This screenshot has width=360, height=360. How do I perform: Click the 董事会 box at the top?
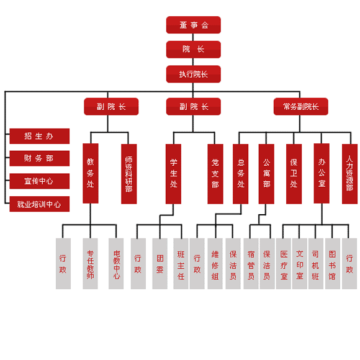point(193,25)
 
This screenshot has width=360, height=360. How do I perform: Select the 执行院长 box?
point(193,74)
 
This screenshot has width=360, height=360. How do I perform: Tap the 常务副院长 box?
point(301,107)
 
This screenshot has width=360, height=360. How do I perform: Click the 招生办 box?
point(40,136)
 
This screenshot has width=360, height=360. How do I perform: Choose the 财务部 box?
point(40,158)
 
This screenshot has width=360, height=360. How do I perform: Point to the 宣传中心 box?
point(40,181)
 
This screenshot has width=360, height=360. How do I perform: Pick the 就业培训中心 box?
point(40,204)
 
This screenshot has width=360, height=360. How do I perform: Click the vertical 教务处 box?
point(91,173)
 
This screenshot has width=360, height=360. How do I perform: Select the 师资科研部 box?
point(129,174)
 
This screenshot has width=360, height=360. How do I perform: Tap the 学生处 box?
point(173,174)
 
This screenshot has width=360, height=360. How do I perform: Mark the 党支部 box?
point(215,174)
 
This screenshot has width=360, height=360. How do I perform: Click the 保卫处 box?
point(294,174)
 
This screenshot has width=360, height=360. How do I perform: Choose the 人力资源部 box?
point(349,174)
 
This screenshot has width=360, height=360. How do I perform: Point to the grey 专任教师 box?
point(90,264)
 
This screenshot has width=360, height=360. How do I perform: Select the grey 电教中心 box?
point(116,264)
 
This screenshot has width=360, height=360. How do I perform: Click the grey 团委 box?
point(160,264)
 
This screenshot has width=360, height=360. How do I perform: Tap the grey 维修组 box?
point(215,264)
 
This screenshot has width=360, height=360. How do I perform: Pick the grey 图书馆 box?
point(333,264)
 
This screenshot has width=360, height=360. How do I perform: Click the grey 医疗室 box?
point(284,264)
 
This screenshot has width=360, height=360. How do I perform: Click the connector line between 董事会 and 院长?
point(193,37)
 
